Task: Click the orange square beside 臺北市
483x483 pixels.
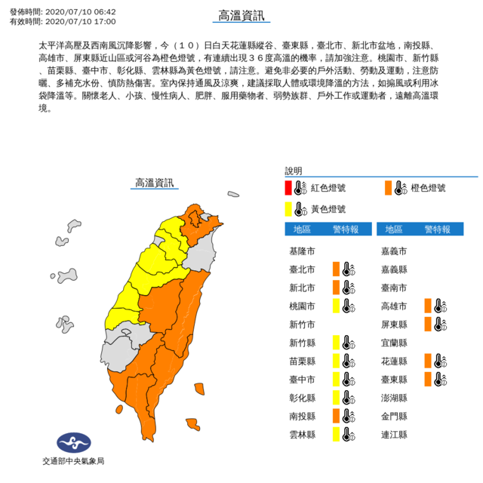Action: tap(335, 269)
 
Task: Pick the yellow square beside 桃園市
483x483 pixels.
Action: tap(335, 306)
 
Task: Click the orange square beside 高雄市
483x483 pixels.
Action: tap(427, 306)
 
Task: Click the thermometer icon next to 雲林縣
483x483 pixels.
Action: tap(347, 434)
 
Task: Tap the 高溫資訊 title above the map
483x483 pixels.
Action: tap(153, 183)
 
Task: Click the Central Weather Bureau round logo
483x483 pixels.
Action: tap(72, 442)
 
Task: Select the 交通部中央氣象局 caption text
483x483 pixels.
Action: tap(72, 461)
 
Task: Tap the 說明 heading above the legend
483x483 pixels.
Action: tap(293, 171)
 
